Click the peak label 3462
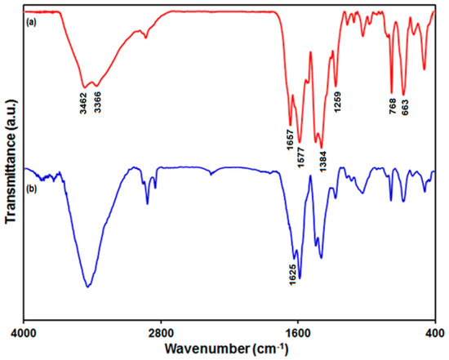(x=82, y=101)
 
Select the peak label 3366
(x=97, y=101)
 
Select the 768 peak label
(x=393, y=109)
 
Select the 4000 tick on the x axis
(x=24, y=333)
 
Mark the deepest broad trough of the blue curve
(x=87, y=287)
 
